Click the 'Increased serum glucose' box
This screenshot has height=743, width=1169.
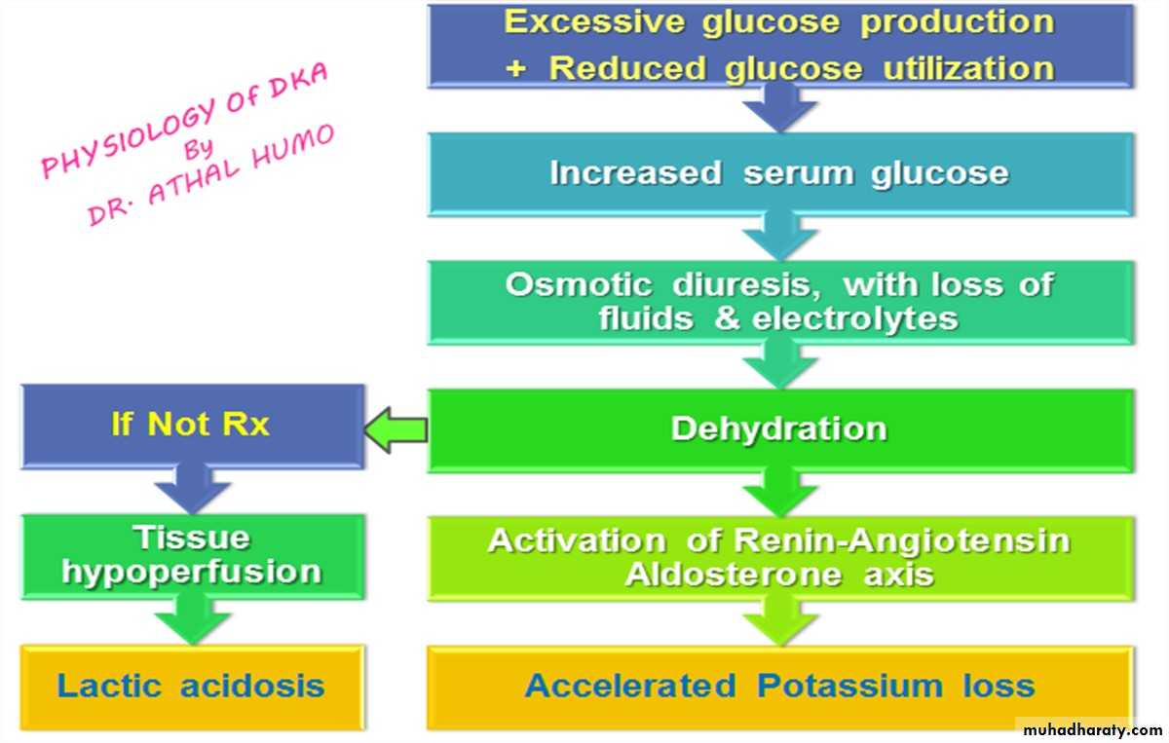point(779,173)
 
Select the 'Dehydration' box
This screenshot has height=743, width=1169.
point(779,429)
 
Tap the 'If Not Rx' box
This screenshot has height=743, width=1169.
point(192,426)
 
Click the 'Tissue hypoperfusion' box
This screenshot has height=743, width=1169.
point(192,555)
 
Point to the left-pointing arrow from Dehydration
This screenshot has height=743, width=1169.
point(396,430)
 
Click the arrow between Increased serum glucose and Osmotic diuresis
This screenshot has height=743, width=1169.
point(779,237)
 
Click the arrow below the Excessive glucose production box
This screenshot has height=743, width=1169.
point(779,107)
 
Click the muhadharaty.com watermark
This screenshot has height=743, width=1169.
point(1091,729)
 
